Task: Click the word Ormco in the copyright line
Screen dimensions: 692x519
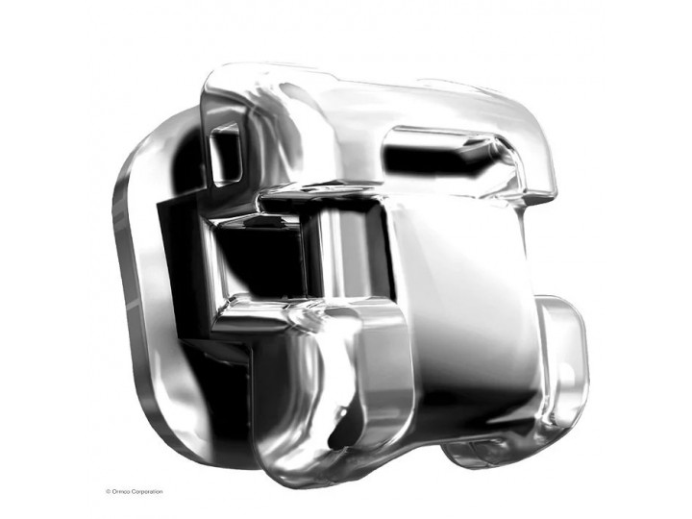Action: (120, 492)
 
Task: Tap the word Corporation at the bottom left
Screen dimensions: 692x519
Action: (146, 492)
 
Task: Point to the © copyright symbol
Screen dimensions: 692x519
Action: (108, 492)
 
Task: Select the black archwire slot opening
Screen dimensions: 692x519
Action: (260, 260)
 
